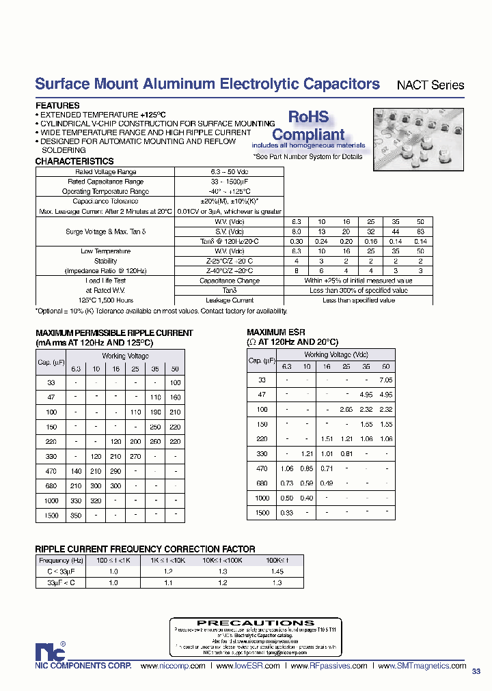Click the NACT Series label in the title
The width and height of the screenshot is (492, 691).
click(x=430, y=86)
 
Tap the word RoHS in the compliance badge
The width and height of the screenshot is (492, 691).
click(x=307, y=117)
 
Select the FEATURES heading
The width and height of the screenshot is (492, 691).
click(x=57, y=106)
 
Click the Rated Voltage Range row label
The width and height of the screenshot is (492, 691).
click(x=105, y=172)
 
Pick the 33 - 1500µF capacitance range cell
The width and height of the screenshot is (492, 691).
click(x=228, y=182)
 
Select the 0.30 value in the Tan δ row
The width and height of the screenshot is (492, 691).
click(x=297, y=242)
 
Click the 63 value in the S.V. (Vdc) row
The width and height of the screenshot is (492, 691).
click(x=420, y=231)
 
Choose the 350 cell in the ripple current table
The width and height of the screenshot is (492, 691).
click(x=77, y=516)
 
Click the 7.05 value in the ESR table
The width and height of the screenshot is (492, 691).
click(x=386, y=380)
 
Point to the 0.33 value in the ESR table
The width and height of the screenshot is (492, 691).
click(x=287, y=513)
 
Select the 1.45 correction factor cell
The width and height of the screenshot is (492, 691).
click(x=277, y=571)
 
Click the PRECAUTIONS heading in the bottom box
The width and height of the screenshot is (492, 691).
click(x=246, y=623)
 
